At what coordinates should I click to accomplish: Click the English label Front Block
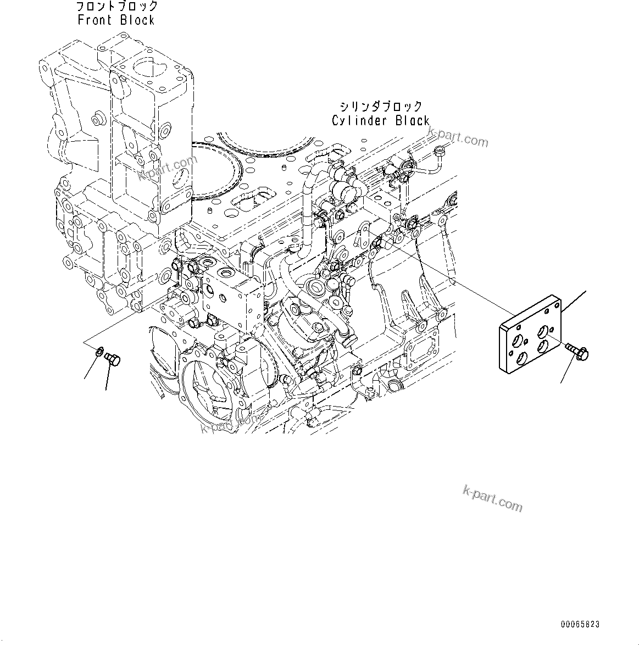click(x=116, y=20)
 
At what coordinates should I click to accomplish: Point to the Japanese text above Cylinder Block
click(x=380, y=107)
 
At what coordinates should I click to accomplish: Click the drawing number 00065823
click(x=580, y=625)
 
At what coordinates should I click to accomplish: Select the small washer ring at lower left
click(x=99, y=351)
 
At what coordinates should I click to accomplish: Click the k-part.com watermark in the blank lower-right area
click(x=493, y=498)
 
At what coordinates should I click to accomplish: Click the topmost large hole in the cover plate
click(x=543, y=331)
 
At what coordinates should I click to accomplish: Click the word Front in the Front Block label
click(x=96, y=20)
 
